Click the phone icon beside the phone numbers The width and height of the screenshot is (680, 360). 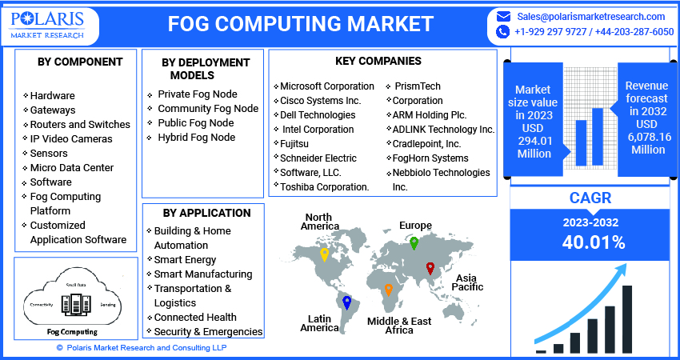[x=502, y=32]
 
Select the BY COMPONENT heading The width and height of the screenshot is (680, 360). [x=80, y=62]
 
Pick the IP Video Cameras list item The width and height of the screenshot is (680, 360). [x=71, y=139]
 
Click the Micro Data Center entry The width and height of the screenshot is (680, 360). [x=72, y=168]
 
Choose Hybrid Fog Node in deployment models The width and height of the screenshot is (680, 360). [x=196, y=138]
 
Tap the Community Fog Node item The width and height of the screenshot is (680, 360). [x=208, y=109]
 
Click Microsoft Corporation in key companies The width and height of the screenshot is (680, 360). [x=327, y=86]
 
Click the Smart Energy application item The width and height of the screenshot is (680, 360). [x=186, y=260]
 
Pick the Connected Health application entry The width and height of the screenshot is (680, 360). [x=195, y=318]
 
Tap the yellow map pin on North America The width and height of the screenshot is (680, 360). [x=324, y=255]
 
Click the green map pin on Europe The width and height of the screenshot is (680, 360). [x=414, y=242]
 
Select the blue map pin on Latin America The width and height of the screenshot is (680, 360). [x=346, y=302]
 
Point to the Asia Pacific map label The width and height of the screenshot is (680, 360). [x=470, y=282]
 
